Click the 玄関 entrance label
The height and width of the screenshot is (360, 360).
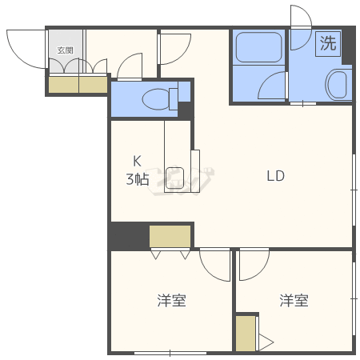pos(66,50)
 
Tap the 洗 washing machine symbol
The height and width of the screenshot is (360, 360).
pos(328,44)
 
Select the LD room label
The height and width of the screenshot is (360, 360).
pos(276,176)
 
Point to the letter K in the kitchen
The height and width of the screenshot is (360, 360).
pos(137,162)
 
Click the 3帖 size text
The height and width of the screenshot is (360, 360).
pos(138,179)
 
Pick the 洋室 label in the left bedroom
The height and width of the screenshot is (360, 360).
pos(171,300)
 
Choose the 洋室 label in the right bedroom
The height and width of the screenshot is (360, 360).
pos(294,300)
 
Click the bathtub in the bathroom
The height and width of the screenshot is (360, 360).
pos(258,47)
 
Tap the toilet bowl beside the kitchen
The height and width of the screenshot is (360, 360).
pos(157,99)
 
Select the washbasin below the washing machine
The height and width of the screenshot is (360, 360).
pos(337,85)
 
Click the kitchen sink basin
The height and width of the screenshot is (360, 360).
pos(174,178)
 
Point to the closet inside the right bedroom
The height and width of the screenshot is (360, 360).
pos(246,334)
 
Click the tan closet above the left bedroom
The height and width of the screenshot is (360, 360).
pos(170,236)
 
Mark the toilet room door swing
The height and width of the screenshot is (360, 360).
pos(127,62)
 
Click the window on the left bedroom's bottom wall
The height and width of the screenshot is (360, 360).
pos(170,353)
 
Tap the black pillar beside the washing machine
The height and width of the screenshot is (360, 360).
pos(348,46)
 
